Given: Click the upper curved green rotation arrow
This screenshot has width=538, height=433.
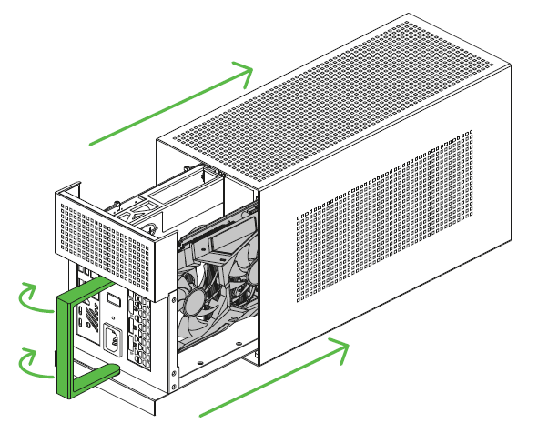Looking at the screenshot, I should [35, 299].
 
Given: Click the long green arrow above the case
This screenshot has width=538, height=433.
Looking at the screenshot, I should [173, 104].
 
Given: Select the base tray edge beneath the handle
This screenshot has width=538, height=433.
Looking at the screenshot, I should [137, 400].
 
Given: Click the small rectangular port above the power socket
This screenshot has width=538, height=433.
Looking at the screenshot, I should [111, 299].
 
